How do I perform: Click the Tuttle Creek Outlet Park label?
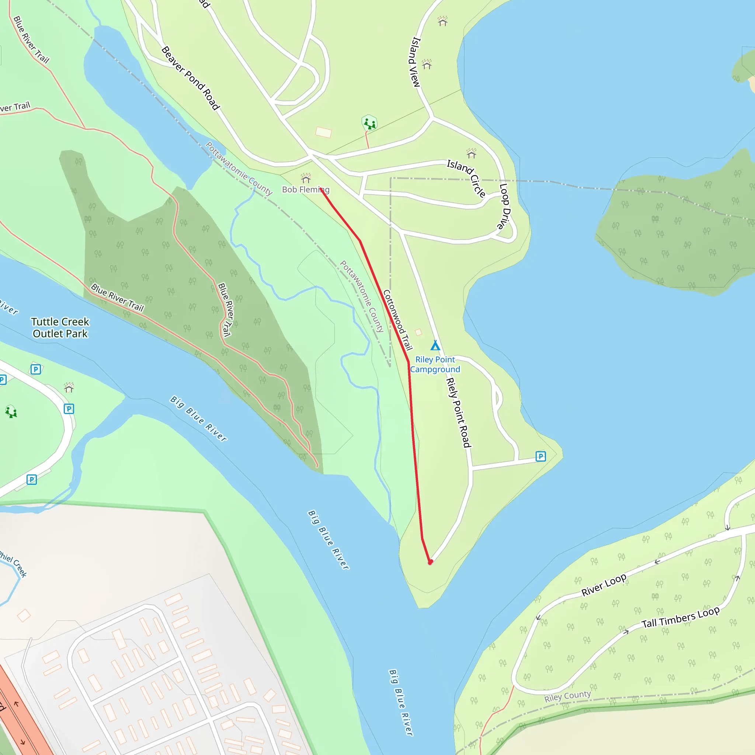pos(60,327)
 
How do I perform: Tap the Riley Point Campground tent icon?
pos(435,345)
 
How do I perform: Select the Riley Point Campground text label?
pos(435,364)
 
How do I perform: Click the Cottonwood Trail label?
pos(397,320)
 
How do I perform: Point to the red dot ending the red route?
pos(430,562)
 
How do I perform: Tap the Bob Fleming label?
pos(306,189)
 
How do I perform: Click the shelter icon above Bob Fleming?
pos(306,178)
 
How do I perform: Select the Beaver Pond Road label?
pos(191,78)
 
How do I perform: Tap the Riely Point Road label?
pos(458,412)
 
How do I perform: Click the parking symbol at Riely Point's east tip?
pos(540,456)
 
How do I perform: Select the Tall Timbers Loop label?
pos(681,617)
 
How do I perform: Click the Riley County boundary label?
pos(567,696)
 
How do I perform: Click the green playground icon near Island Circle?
pos(369,123)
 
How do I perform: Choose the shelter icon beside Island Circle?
pos(471,154)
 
